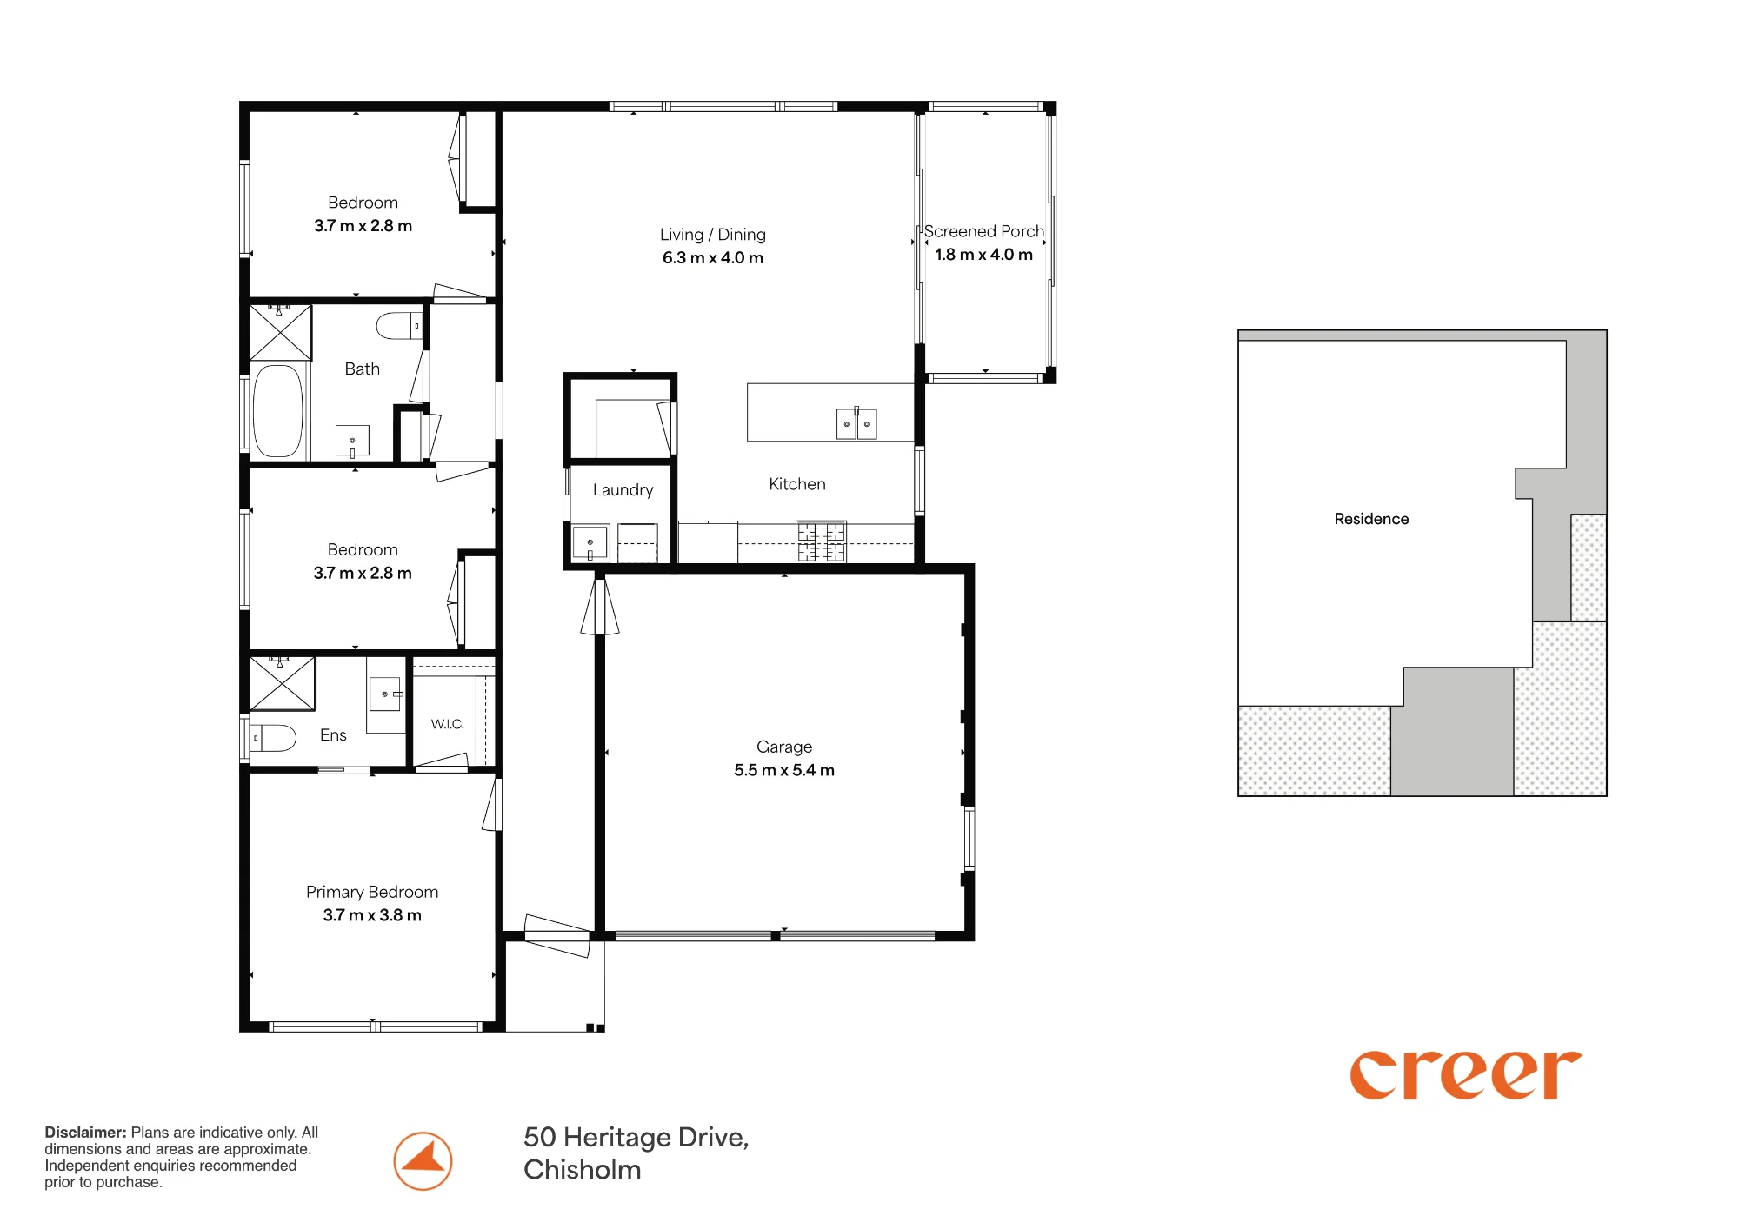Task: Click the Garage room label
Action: click(784, 747)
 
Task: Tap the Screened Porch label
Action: click(983, 231)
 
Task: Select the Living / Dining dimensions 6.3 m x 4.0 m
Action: click(713, 258)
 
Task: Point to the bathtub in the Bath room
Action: click(277, 410)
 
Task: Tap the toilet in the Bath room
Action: click(399, 326)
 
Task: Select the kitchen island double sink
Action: click(856, 424)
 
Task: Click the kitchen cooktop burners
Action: click(822, 541)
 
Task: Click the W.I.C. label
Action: click(448, 724)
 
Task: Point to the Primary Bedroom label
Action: click(372, 892)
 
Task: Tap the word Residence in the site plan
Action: click(1371, 519)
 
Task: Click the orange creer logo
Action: click(1465, 1075)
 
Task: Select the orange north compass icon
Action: click(423, 1161)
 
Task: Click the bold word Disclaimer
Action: click(85, 1133)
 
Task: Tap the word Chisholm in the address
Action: click(583, 1170)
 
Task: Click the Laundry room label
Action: click(623, 490)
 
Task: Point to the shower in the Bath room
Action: click(280, 332)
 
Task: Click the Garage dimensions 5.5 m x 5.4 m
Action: click(784, 770)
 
